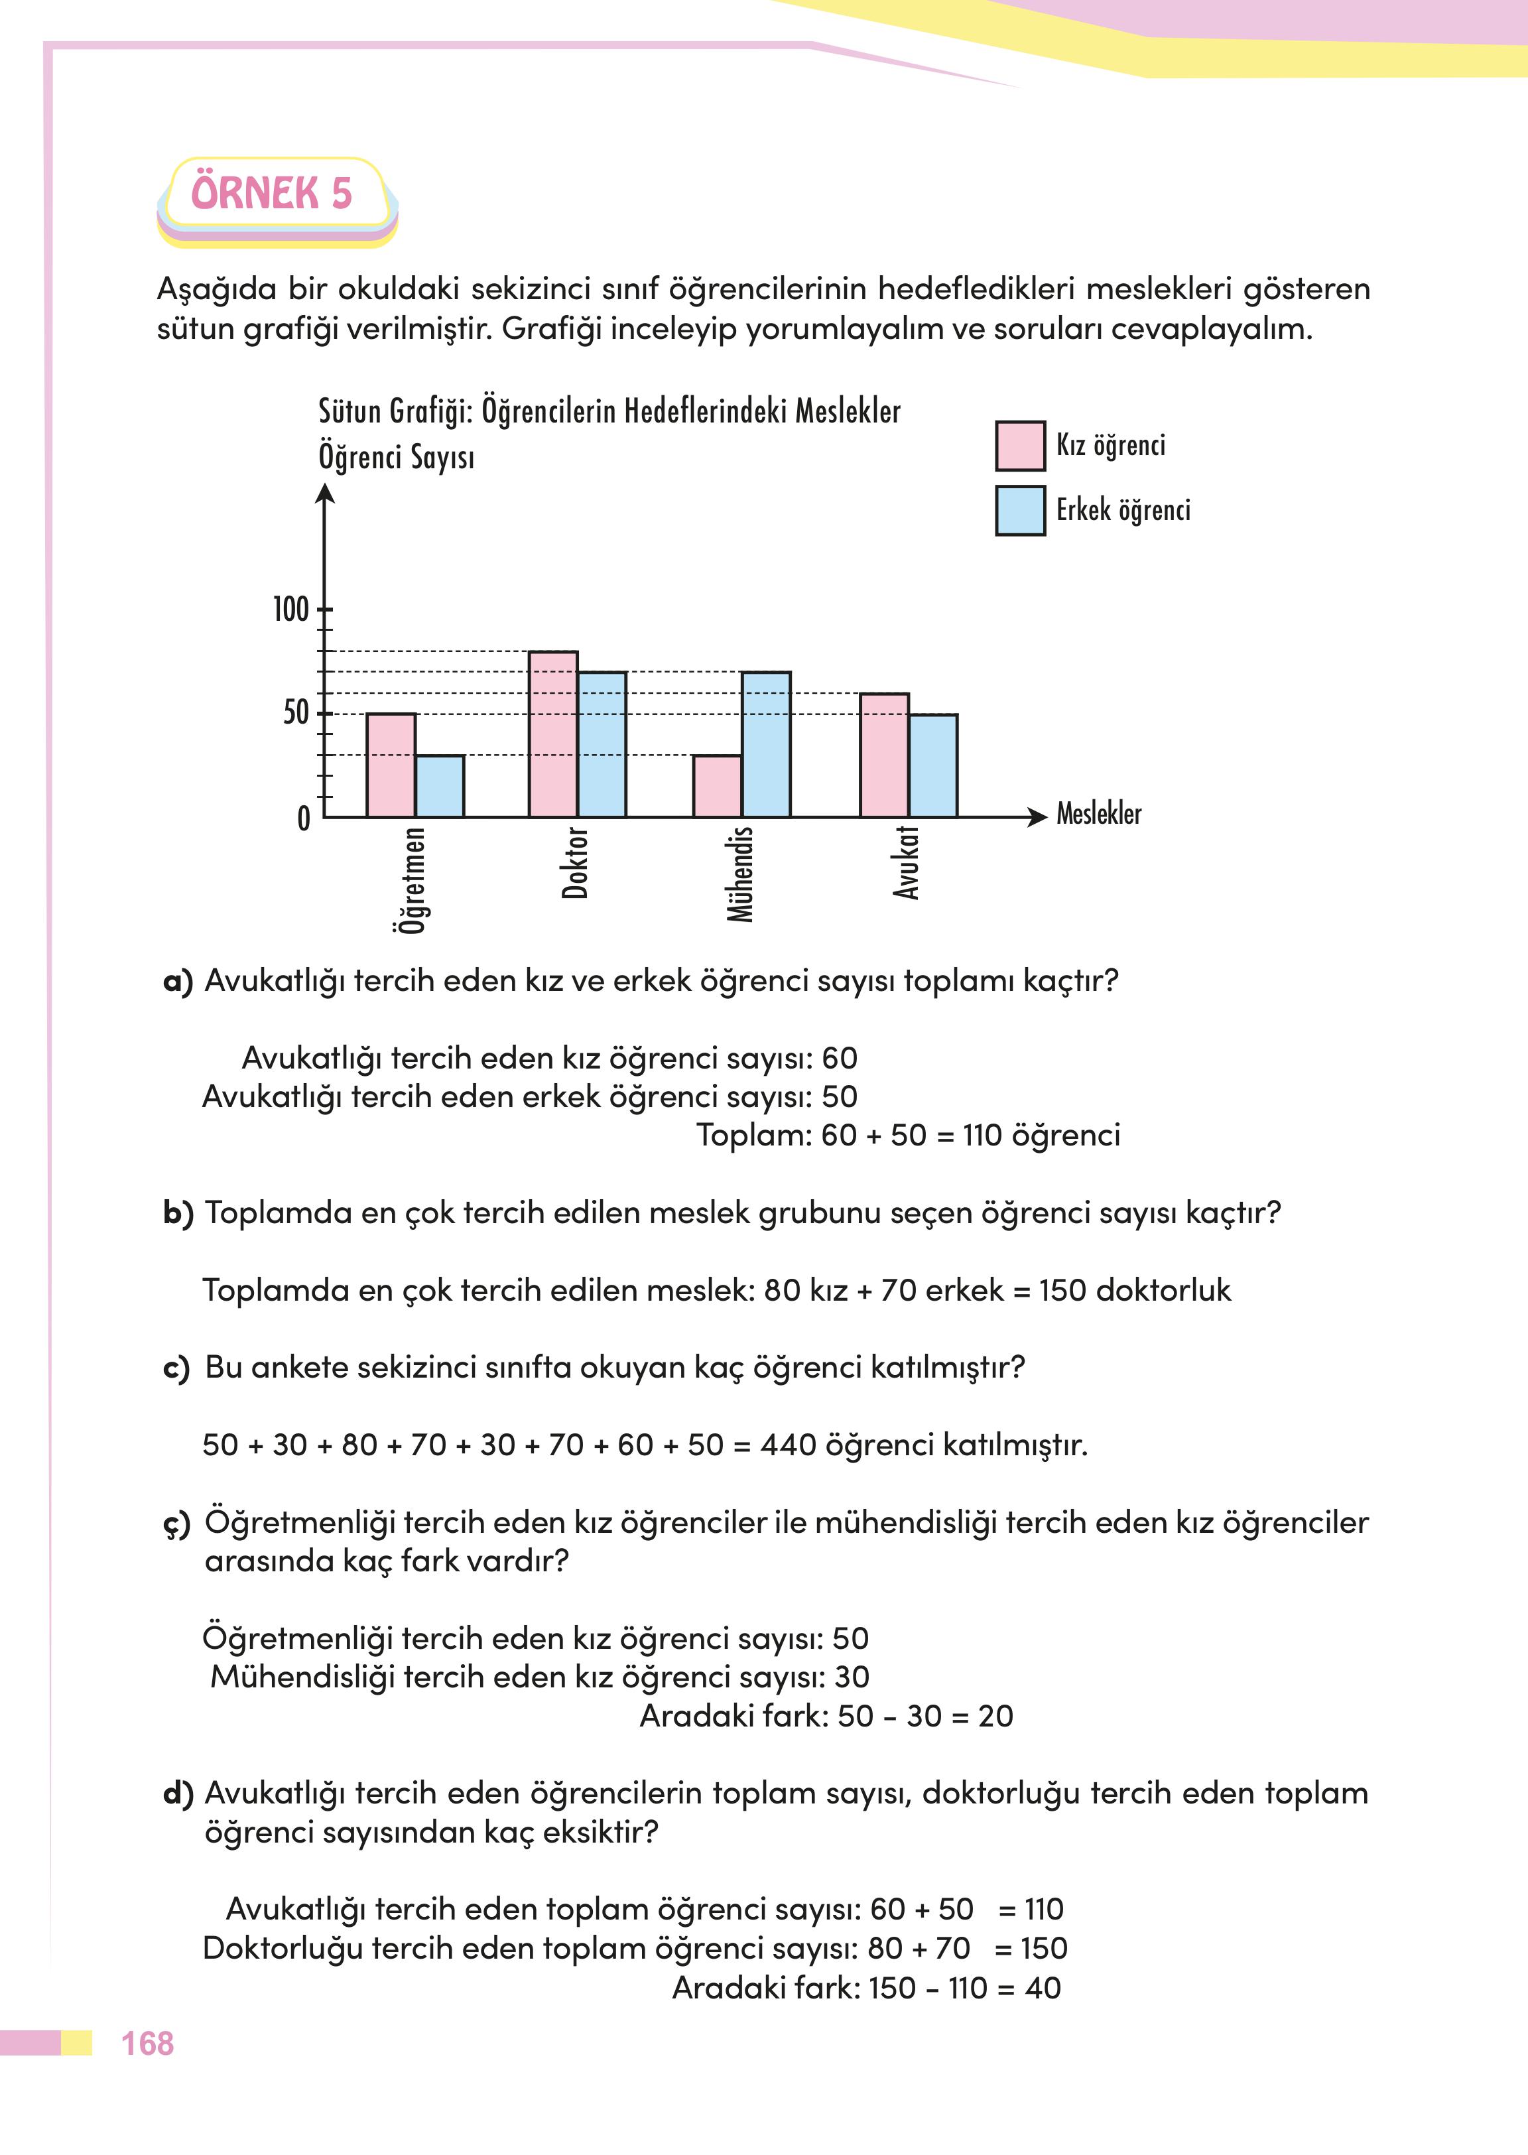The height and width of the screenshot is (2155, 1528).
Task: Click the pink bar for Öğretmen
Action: click(x=391, y=765)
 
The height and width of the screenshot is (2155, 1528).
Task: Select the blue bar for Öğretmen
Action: click(x=440, y=787)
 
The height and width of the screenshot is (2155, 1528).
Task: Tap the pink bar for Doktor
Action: click(x=553, y=734)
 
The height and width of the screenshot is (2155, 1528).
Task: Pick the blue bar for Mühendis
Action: click(x=766, y=744)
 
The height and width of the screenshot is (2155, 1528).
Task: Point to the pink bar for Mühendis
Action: click(x=717, y=787)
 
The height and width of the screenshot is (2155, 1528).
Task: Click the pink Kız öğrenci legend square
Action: click(x=1020, y=446)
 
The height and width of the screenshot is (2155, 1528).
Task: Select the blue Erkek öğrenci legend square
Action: click(x=1020, y=511)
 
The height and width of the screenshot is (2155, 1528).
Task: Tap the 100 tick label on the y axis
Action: click(x=290, y=610)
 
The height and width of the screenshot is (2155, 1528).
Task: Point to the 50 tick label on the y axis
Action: click(x=295, y=713)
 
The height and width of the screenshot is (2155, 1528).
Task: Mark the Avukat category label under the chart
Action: click(x=906, y=863)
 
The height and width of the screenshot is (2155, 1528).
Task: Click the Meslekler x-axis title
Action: click(x=1098, y=814)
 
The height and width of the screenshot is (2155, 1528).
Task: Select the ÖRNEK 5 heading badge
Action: click(x=272, y=194)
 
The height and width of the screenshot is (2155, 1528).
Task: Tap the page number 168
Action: click(x=148, y=2043)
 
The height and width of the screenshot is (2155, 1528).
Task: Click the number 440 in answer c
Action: click(x=787, y=1445)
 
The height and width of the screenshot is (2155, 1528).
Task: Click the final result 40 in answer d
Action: click(x=1043, y=1989)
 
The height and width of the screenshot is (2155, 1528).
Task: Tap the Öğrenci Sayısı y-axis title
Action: click(x=396, y=458)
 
